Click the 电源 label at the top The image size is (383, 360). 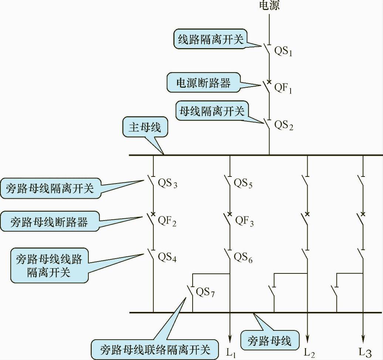tap(269, 6)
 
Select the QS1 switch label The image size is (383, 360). tap(283, 51)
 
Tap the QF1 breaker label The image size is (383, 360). tap(283, 88)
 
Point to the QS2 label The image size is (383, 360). tap(284, 125)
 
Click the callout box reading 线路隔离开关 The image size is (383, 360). tap(211, 40)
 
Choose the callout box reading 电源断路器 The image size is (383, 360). tap(203, 83)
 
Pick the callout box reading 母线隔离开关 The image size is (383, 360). tap(212, 111)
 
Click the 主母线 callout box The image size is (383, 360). tap(145, 128)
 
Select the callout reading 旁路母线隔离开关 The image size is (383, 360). tap(50, 188)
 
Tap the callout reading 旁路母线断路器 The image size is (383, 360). tap(50, 222)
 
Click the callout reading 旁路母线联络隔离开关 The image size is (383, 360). tap(155, 349)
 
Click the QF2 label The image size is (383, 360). tap(167, 221)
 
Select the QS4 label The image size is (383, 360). tap(167, 257)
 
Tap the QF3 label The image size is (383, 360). tap(244, 221)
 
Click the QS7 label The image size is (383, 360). tap(205, 293)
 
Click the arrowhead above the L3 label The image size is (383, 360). tap(363, 339)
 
